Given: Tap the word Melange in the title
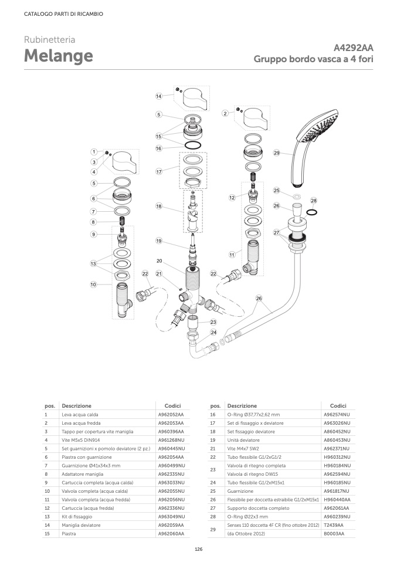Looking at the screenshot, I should [x=58, y=56].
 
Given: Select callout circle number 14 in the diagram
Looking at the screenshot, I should [x=158, y=96].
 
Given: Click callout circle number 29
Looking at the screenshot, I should [x=276, y=153].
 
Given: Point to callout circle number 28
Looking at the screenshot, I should [x=313, y=201].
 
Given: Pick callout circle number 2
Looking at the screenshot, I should [x=225, y=113].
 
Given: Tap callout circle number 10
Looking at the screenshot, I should [x=93, y=285].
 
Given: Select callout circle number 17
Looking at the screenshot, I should [x=158, y=172].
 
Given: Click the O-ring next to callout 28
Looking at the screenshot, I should [x=313, y=212].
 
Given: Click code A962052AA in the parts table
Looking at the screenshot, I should [x=171, y=414].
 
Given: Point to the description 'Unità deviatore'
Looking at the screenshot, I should [x=243, y=439].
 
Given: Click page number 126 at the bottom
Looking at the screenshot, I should [x=198, y=550].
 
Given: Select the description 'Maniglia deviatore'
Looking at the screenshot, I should [x=80, y=525].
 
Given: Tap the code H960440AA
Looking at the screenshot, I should [x=337, y=499].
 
